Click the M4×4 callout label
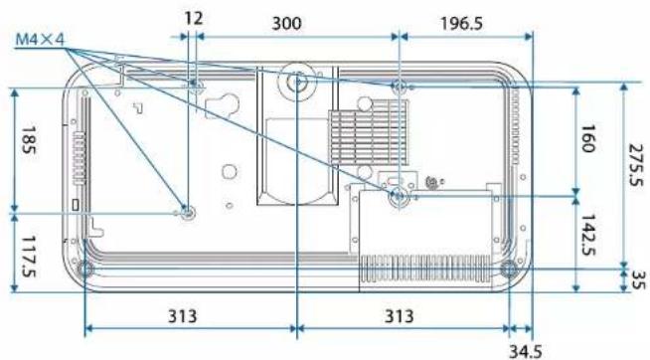coord(40,40)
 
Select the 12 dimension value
coord(194,19)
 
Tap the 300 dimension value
coord(286,23)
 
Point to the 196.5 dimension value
coord(461,23)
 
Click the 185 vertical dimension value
coord(28,140)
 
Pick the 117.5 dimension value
coord(28,257)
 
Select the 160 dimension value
coord(587,139)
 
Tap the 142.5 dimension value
coord(587,235)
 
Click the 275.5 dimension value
coord(636,165)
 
